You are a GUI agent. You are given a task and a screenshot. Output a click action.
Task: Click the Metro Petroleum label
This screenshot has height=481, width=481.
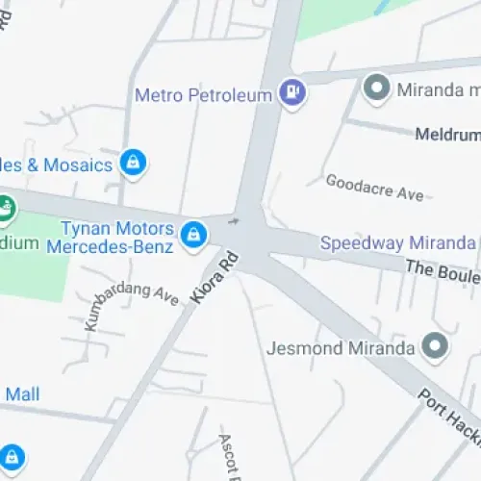[x=204, y=95]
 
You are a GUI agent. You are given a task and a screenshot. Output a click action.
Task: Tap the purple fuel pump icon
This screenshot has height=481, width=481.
[x=291, y=93]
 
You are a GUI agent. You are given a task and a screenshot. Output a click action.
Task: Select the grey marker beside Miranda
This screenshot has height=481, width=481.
[x=375, y=89]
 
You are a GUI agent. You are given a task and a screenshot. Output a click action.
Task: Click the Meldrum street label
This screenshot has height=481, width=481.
[x=447, y=135]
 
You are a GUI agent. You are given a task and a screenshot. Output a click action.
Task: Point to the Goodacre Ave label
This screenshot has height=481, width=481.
[x=374, y=187]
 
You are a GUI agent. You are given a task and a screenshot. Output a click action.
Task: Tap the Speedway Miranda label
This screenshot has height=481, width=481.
[x=397, y=242]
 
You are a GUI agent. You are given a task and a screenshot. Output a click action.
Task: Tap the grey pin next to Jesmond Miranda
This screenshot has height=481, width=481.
[x=435, y=344]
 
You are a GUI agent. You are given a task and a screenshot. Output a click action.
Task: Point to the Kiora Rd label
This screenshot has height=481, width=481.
[x=214, y=279]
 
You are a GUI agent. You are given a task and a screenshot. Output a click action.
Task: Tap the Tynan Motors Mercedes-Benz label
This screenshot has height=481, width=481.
[x=116, y=238]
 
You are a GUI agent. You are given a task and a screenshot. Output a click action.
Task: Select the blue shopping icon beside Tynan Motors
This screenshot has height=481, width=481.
[x=194, y=233]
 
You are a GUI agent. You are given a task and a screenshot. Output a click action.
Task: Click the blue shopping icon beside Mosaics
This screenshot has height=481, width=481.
[x=134, y=163]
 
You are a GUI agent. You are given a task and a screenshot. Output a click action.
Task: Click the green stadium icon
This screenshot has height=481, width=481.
[x=5, y=207]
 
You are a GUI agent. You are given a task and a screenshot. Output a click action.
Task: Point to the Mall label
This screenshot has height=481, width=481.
[x=22, y=393]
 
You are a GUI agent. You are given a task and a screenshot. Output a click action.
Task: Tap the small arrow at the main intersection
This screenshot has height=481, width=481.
[x=234, y=222]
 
